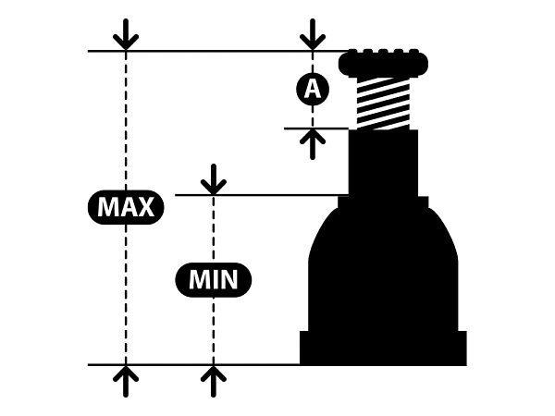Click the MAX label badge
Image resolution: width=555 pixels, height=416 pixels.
click(126, 207)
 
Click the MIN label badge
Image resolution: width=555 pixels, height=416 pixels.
click(214, 280)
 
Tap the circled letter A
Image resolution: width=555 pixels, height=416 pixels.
click(313, 89)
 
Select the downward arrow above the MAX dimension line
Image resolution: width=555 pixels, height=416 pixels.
click(126, 35)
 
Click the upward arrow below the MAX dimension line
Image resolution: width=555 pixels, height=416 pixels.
click(126, 381)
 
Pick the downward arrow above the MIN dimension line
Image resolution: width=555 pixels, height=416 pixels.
click(214, 179)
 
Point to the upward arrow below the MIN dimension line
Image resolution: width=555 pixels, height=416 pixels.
click(214, 381)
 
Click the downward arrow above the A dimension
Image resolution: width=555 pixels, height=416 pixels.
click(313, 35)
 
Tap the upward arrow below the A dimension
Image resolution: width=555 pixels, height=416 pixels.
click(313, 144)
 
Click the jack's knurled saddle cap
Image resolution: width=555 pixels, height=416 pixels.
click(383, 63)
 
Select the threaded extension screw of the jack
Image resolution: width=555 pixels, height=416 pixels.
click(383, 104)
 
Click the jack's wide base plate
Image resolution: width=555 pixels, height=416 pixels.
click(383, 349)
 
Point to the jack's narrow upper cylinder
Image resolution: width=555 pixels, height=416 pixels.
click(383, 163)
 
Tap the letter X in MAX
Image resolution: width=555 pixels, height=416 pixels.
click(146, 207)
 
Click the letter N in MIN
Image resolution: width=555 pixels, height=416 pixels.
click(228, 280)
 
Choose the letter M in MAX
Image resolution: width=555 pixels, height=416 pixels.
click(106, 207)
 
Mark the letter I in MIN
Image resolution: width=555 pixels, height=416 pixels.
click(213, 280)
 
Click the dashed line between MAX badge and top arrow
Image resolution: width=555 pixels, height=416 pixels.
click(126, 120)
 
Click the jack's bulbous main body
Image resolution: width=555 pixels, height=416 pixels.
click(383, 269)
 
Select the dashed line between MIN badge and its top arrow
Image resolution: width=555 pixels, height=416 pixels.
click(214, 229)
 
